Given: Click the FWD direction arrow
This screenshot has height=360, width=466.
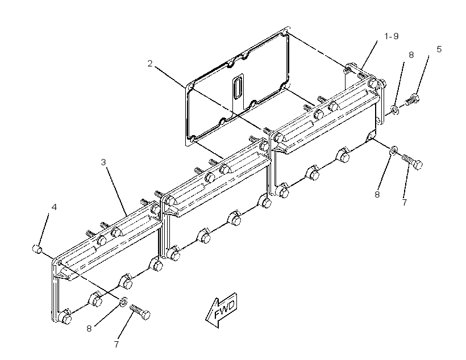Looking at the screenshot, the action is pos(222,311).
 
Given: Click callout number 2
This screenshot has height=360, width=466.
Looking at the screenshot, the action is pos(150,63).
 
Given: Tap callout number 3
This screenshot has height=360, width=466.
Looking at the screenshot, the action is pos(103,162).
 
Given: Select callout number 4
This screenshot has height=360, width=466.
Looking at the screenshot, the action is pos(54,207).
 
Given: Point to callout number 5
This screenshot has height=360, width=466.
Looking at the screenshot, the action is pos(439,49).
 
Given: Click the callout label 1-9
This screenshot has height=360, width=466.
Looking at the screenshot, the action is pos(392,36).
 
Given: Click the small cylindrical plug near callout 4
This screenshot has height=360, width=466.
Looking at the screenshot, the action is pos(37,249).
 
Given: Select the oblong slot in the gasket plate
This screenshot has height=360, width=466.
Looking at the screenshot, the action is pos(237,88).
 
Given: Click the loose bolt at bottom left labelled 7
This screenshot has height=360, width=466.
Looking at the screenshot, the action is pos(140,312).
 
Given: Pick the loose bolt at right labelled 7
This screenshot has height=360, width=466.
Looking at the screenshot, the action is pos(412,162).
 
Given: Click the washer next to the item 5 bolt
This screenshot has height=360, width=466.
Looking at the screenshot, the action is pos(395,110).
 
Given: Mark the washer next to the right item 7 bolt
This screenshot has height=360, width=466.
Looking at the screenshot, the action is pos(393,150).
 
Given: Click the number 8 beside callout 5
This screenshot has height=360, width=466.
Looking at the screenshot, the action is pos(411,55).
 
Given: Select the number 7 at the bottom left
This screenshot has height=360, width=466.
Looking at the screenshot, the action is pos(116,345).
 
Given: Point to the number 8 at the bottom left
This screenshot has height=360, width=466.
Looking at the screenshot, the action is pos(89,329).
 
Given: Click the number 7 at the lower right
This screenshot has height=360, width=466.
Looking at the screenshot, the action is pos(405,203).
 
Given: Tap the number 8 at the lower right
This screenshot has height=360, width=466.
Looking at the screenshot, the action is pos(377,195).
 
